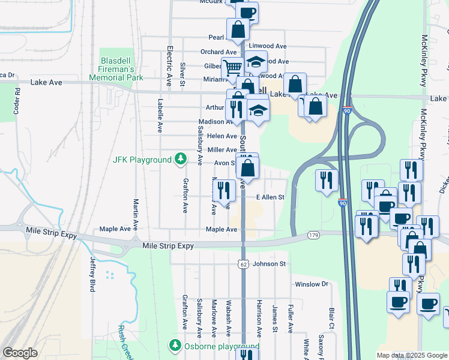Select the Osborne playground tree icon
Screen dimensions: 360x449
(x=175, y=346)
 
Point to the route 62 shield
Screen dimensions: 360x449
(x=243, y=263)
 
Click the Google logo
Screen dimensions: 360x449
(x=20, y=353)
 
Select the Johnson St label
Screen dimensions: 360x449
(x=269, y=263)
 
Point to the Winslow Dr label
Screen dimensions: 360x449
(x=312, y=284)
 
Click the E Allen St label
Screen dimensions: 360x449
(x=270, y=197)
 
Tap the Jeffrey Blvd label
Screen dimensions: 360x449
(x=92, y=274)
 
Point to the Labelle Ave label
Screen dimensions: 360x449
(x=160, y=115)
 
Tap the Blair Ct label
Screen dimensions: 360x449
(x=331, y=319)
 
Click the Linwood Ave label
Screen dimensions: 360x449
(x=268, y=46)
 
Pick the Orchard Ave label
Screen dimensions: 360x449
(x=218, y=52)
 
